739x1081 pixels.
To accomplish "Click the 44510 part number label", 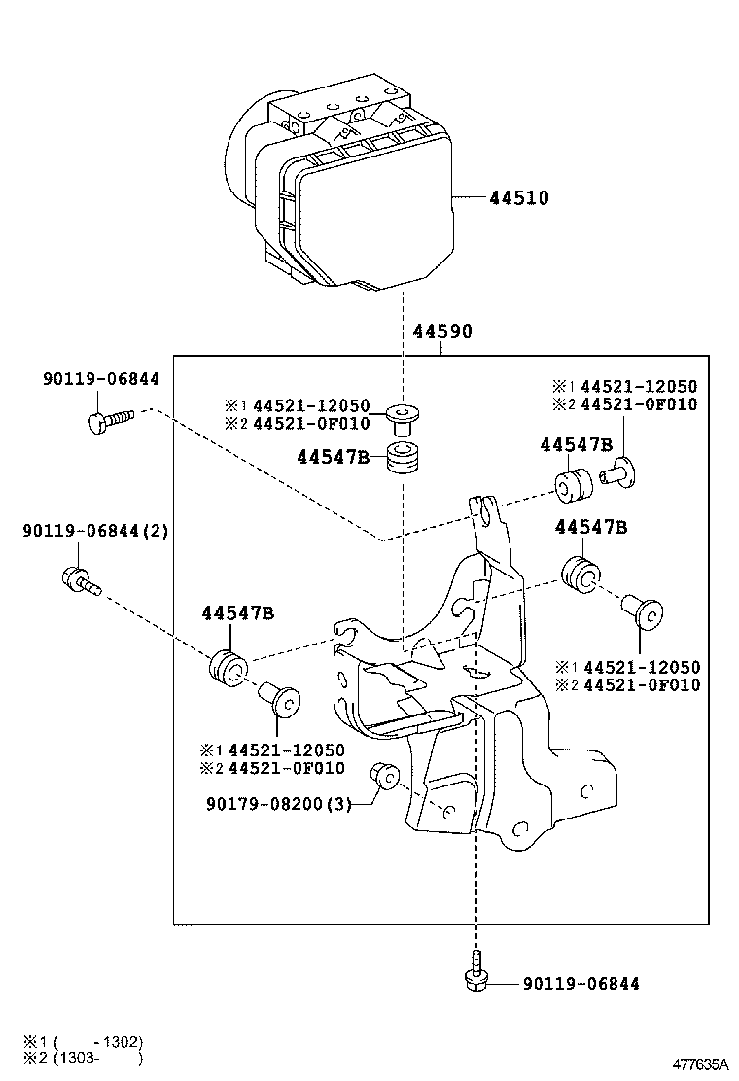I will (x=518, y=198).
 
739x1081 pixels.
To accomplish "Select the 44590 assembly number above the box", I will (x=441, y=331).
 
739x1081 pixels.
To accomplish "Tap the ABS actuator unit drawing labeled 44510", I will (x=340, y=190).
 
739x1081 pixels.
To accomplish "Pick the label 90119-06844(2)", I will (x=95, y=531).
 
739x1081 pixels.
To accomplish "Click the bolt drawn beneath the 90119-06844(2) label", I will (x=77, y=580).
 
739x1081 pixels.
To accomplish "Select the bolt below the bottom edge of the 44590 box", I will (x=475, y=976).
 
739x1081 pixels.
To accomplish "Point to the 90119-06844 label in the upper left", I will (x=100, y=380).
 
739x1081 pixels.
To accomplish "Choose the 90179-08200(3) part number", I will (x=277, y=804).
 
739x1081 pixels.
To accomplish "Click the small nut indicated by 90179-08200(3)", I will (x=384, y=776).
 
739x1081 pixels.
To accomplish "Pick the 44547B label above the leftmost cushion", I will (x=237, y=612).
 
